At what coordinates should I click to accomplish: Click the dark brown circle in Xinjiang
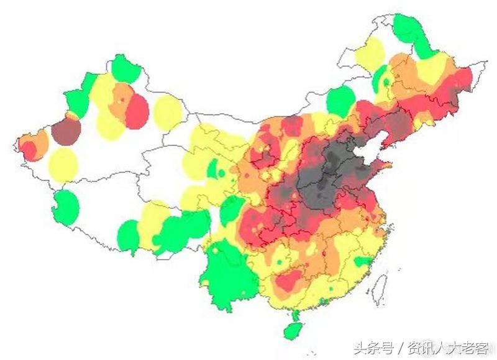66,131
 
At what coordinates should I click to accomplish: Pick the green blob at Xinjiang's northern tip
125,69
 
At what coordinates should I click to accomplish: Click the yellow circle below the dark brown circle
63,164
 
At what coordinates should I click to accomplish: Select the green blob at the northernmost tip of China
407,29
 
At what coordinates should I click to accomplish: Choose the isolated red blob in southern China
288,281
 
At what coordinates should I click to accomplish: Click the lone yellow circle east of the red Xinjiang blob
167,112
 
